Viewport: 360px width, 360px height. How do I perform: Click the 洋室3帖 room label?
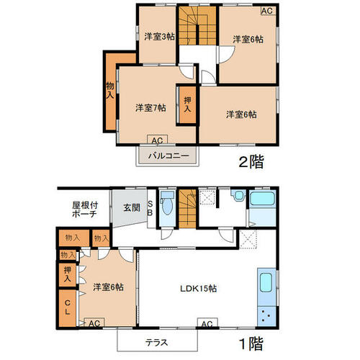pos(159,37)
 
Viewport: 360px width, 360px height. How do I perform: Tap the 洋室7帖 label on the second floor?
pos(150,108)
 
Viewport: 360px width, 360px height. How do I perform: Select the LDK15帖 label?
pos(199,288)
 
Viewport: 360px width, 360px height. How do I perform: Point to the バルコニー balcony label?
pos(168,156)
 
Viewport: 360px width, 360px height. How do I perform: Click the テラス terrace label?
pos(156,343)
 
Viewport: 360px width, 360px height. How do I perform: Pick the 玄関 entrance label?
pos(132,207)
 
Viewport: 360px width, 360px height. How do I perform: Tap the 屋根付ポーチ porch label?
pos(85,210)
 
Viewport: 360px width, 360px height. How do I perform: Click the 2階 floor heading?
pos(251,161)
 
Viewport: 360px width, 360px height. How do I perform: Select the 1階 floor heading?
pos(251,343)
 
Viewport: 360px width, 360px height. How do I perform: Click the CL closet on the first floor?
pos(68,308)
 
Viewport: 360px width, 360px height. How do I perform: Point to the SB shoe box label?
pos(150,208)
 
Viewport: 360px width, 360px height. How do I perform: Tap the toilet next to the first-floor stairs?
pos(167,203)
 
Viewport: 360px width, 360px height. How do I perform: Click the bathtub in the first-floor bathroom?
pos(262,199)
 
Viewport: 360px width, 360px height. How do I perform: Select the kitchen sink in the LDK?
pos(266,283)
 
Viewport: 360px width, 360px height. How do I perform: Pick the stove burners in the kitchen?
pos(266,316)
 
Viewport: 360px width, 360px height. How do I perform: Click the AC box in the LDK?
pos(207,323)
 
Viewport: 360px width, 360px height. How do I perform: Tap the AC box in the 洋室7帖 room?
pos(157,140)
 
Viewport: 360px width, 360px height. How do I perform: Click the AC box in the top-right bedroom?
pos(268,11)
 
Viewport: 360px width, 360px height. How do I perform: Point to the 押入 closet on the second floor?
pos(188,104)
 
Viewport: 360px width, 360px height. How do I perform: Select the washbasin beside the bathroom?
pos(238,195)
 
